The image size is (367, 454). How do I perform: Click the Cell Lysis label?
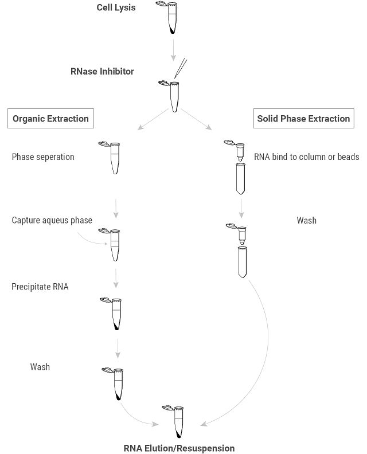(x=116, y=8)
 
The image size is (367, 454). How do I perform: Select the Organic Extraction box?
(x=50, y=119)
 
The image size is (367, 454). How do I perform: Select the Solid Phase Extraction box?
(x=303, y=119)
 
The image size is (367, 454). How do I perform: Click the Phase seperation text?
(x=43, y=157)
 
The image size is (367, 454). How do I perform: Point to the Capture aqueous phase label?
(x=52, y=220)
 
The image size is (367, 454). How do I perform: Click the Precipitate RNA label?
(x=40, y=287)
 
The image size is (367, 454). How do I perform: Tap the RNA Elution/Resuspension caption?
(x=179, y=448)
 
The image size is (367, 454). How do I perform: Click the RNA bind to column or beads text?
(x=307, y=157)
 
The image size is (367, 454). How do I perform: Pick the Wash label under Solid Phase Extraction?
(x=307, y=220)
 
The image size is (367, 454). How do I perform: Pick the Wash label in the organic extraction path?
(x=40, y=366)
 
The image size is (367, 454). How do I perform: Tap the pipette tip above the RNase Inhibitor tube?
(x=180, y=68)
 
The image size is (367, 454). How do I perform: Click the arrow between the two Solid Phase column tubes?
(x=241, y=207)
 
